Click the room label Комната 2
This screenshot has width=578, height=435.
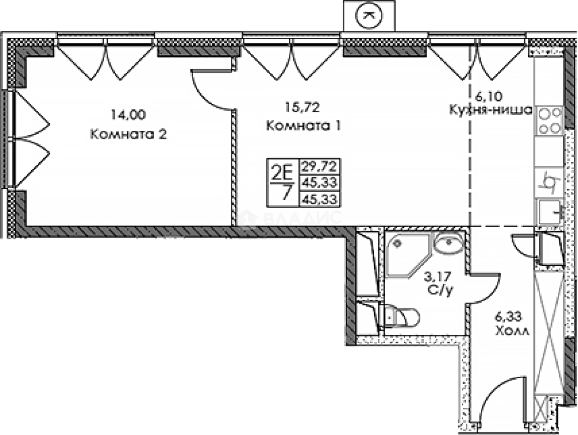[128, 135]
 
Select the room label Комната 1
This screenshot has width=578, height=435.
[304, 125]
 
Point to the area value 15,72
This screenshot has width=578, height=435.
[303, 107]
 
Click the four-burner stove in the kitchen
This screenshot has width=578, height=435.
[549, 120]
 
